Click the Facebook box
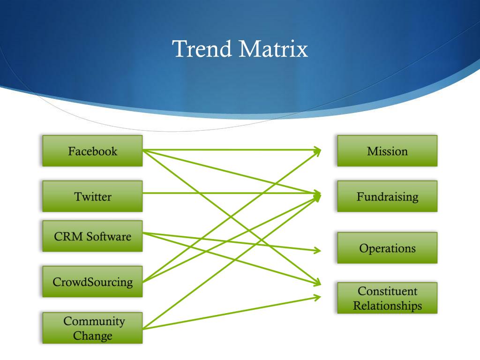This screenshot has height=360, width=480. click(x=92, y=151)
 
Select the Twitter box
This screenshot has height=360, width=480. click(x=92, y=196)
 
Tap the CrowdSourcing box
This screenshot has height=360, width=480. click(x=92, y=282)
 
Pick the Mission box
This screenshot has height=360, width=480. click(x=387, y=151)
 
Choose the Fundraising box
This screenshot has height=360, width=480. click(x=387, y=196)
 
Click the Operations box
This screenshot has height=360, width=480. click(x=387, y=247)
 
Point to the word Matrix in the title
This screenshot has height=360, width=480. click(x=272, y=49)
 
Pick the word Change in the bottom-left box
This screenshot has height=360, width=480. click(x=92, y=336)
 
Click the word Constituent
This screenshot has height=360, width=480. click(x=387, y=291)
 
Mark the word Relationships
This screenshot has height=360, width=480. click(x=387, y=306)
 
